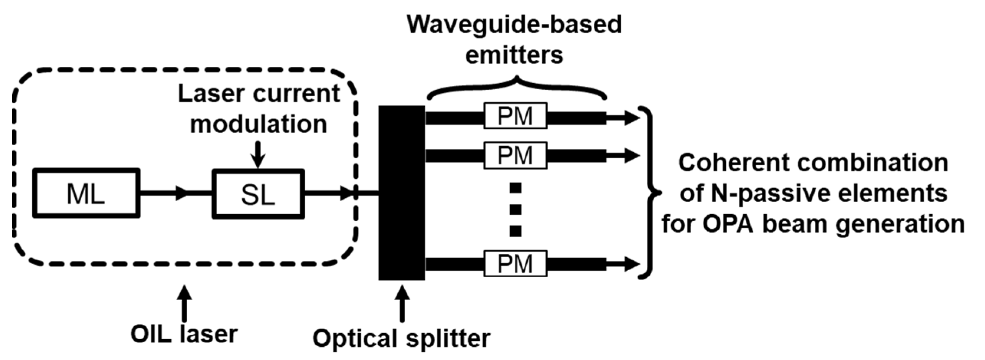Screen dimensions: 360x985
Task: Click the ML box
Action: (x=86, y=194)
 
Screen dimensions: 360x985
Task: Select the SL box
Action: (x=258, y=194)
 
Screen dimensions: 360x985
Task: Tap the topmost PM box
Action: (x=515, y=116)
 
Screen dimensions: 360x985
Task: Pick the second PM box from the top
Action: (x=515, y=155)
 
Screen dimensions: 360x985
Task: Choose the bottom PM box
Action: (x=515, y=264)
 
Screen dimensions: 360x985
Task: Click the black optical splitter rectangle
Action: (x=401, y=193)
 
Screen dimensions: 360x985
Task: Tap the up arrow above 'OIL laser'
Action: (x=185, y=303)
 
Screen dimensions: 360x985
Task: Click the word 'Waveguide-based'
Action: (x=514, y=25)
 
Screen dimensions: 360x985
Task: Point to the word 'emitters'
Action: (x=514, y=55)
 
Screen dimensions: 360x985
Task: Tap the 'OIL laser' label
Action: (x=184, y=334)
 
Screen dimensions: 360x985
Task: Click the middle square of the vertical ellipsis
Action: (x=515, y=210)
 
